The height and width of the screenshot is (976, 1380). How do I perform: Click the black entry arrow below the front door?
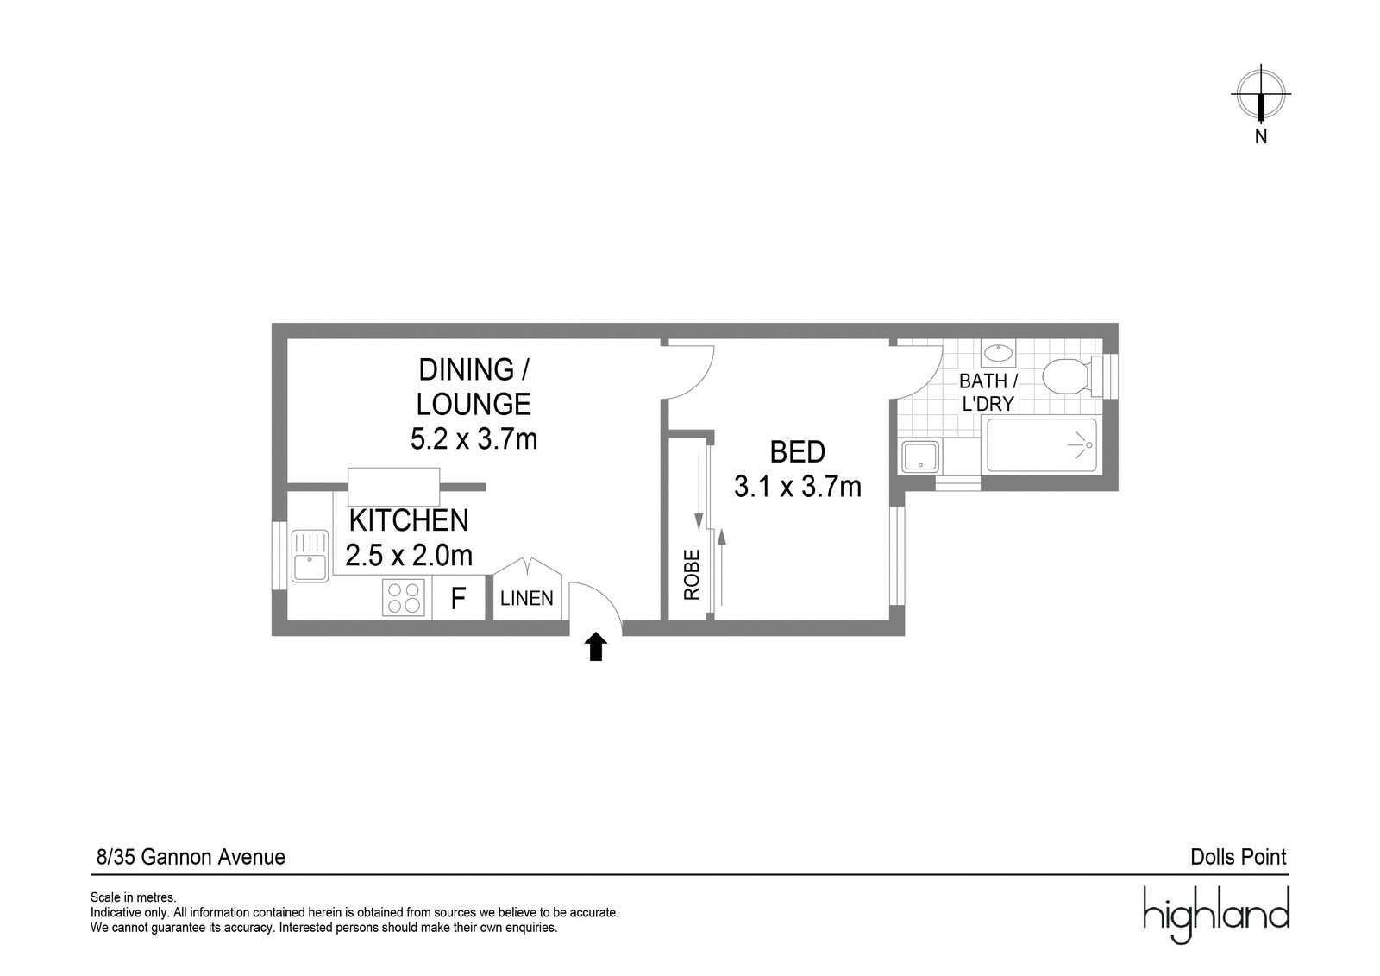click(596, 647)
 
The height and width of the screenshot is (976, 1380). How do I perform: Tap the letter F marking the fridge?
click(458, 598)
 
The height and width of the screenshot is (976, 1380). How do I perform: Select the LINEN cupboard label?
click(527, 598)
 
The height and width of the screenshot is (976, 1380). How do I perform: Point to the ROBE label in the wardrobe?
click(692, 575)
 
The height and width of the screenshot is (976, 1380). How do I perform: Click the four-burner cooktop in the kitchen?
click(404, 597)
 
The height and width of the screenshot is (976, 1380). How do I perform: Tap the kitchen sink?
click(310, 556)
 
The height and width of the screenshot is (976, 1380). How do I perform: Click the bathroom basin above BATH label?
click(998, 353)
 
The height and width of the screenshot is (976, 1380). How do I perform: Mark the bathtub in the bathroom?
click(1042, 445)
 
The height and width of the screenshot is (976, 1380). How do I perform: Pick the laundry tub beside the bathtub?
click(919, 457)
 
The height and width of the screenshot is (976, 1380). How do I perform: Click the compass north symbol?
click(1261, 95)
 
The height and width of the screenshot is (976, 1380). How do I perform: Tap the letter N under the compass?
click(1261, 137)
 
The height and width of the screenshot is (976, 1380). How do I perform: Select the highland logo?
click(1216, 915)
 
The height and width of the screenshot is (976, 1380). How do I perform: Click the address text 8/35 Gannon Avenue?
click(191, 857)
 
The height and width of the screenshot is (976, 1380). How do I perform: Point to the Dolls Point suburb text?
click(1239, 857)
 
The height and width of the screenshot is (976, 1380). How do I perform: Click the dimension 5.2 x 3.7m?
click(474, 439)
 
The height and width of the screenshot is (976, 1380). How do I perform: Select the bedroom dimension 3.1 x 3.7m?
click(797, 487)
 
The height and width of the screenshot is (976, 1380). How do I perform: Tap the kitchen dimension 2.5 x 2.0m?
click(409, 555)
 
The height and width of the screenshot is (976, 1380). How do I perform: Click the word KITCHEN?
click(409, 520)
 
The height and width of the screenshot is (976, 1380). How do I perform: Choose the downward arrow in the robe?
click(699, 491)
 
